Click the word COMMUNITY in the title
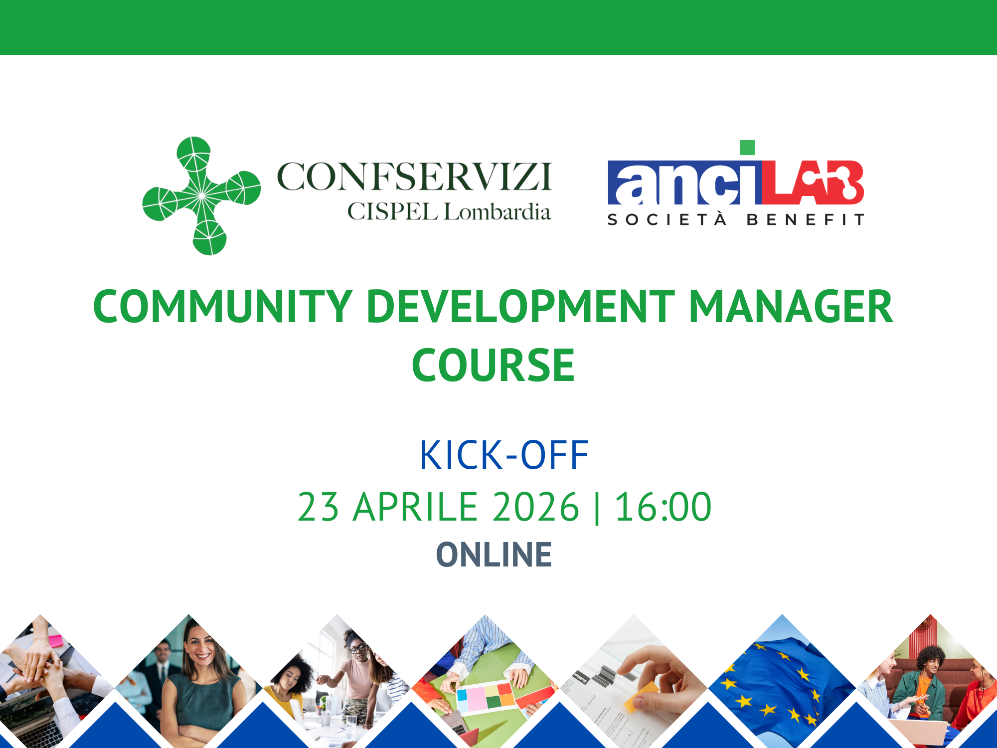223,306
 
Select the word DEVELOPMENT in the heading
520,306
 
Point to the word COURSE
493,366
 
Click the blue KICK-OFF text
503,455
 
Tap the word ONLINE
494,555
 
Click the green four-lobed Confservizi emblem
201,195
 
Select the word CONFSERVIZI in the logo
414,177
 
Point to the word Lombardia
497,212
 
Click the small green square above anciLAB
747,148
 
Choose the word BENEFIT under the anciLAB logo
805,220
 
